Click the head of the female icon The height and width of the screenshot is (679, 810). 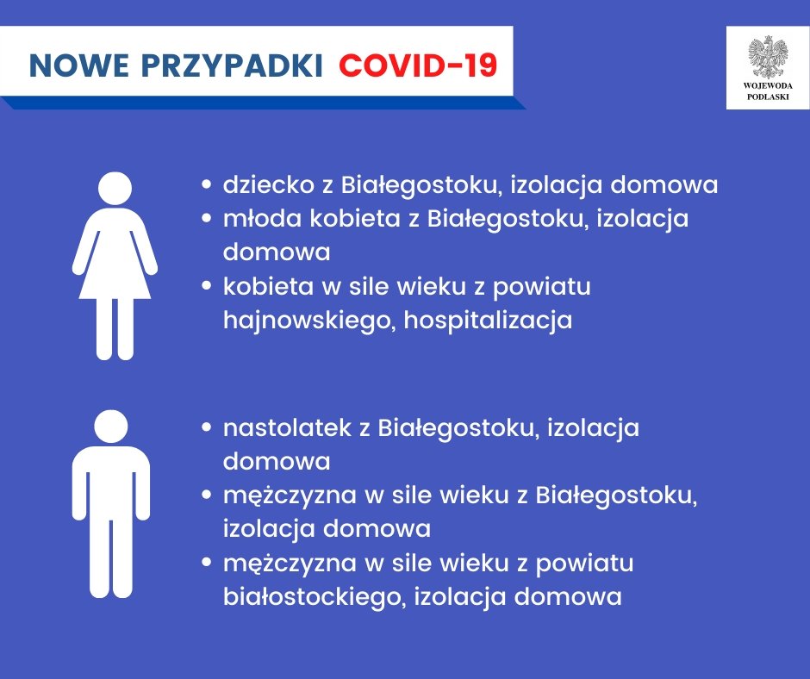tap(114, 189)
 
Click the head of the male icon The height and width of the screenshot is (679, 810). tap(111, 425)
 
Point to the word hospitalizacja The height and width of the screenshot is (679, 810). tap(488, 320)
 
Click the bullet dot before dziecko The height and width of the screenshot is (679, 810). tap(207, 185)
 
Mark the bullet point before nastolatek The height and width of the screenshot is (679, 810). tap(207, 427)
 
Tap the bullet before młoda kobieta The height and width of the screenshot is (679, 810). tap(207, 219)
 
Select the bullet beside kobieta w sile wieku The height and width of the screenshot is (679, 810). tap(207, 286)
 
